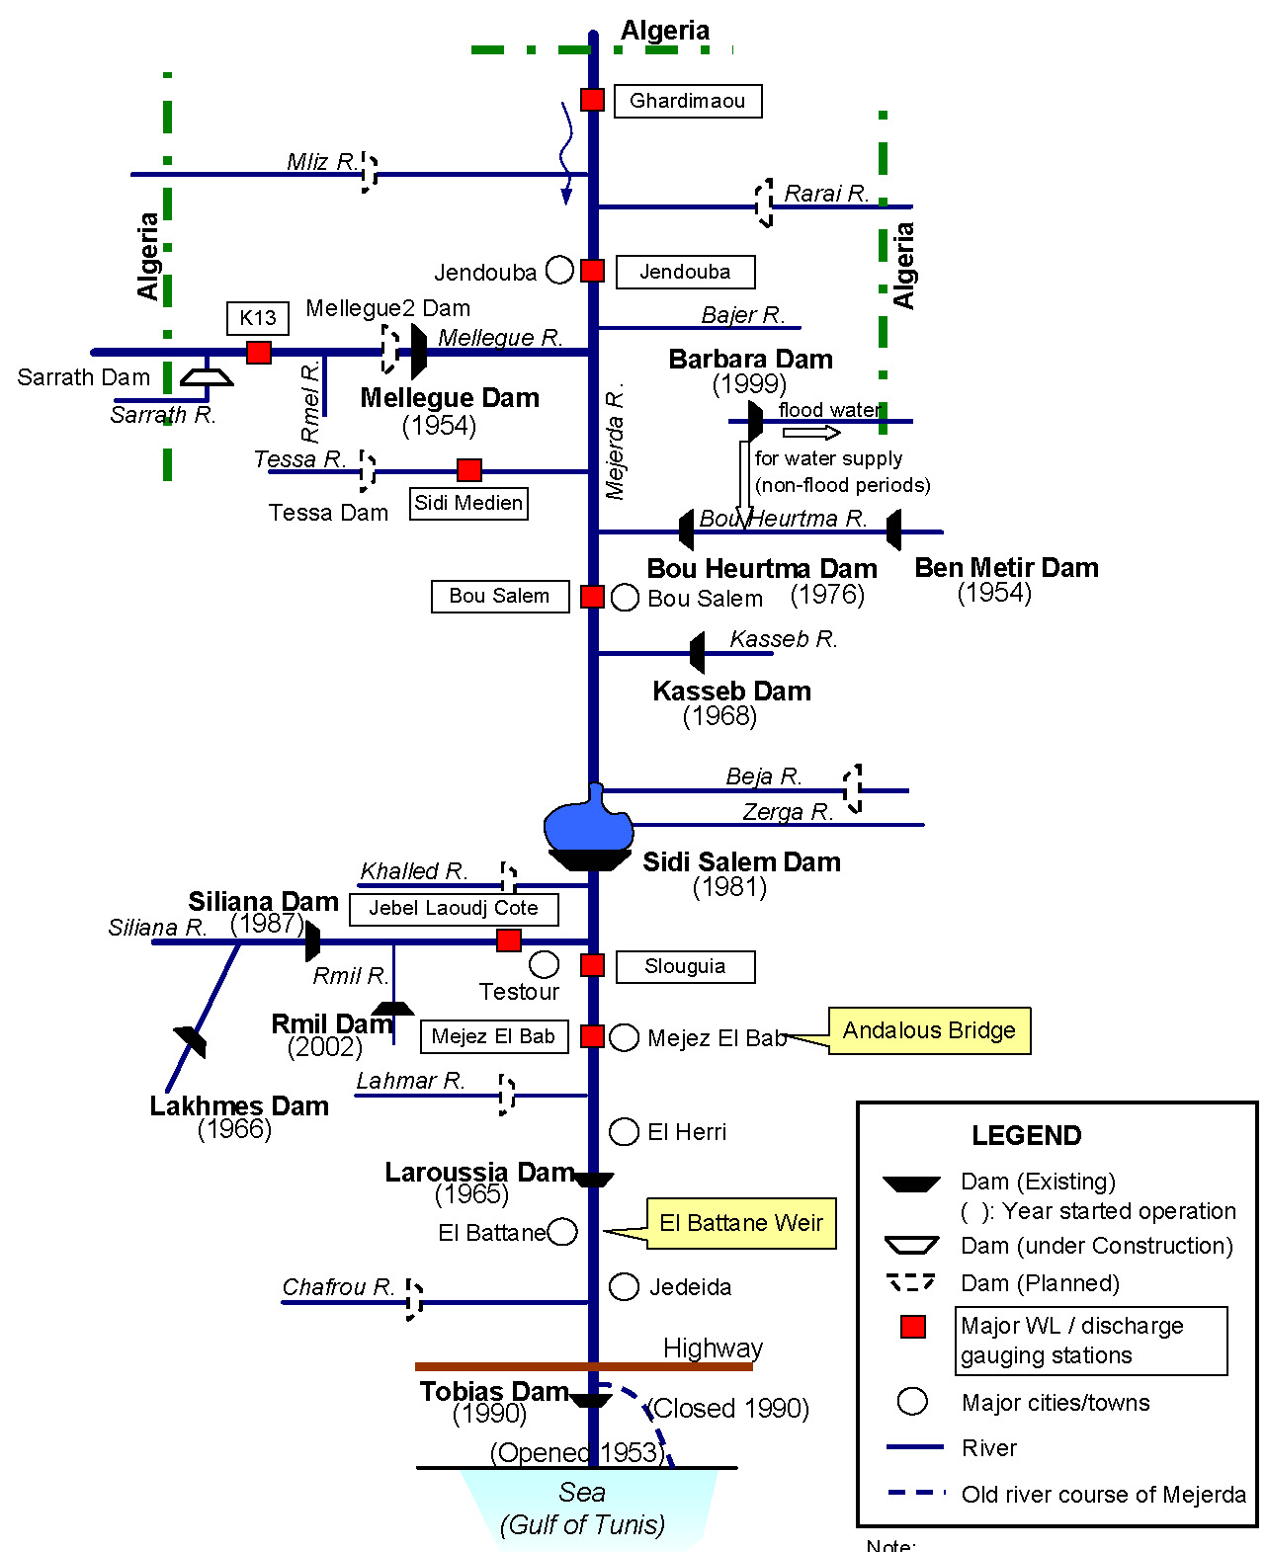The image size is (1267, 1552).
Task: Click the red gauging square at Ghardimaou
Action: (x=592, y=100)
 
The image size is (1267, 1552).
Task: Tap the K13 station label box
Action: (x=258, y=318)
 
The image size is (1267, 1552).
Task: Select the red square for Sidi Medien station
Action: (x=469, y=470)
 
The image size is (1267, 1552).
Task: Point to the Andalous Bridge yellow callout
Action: (x=929, y=1030)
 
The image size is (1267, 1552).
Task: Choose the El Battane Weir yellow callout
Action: (x=741, y=1223)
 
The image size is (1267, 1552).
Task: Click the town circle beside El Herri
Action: (x=624, y=1132)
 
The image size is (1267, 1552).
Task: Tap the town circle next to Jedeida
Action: (x=624, y=1286)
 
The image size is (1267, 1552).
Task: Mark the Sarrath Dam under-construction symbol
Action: (x=207, y=376)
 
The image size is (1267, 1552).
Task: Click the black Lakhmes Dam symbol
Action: (x=191, y=1041)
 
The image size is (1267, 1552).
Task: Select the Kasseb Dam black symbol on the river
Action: (x=698, y=653)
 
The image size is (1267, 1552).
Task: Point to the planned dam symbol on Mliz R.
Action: (x=369, y=173)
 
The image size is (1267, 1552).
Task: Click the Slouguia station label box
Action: (x=685, y=966)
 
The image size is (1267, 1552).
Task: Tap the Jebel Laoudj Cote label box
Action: (x=454, y=908)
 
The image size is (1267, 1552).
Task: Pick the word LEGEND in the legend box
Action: (x=1026, y=1135)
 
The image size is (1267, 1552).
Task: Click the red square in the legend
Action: (x=913, y=1327)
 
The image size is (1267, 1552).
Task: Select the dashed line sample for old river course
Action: (x=916, y=1493)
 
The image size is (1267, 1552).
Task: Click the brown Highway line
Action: (x=583, y=1366)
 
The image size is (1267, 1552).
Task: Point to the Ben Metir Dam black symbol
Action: (x=894, y=531)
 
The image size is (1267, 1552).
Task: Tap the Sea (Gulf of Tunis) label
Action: (x=582, y=1508)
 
